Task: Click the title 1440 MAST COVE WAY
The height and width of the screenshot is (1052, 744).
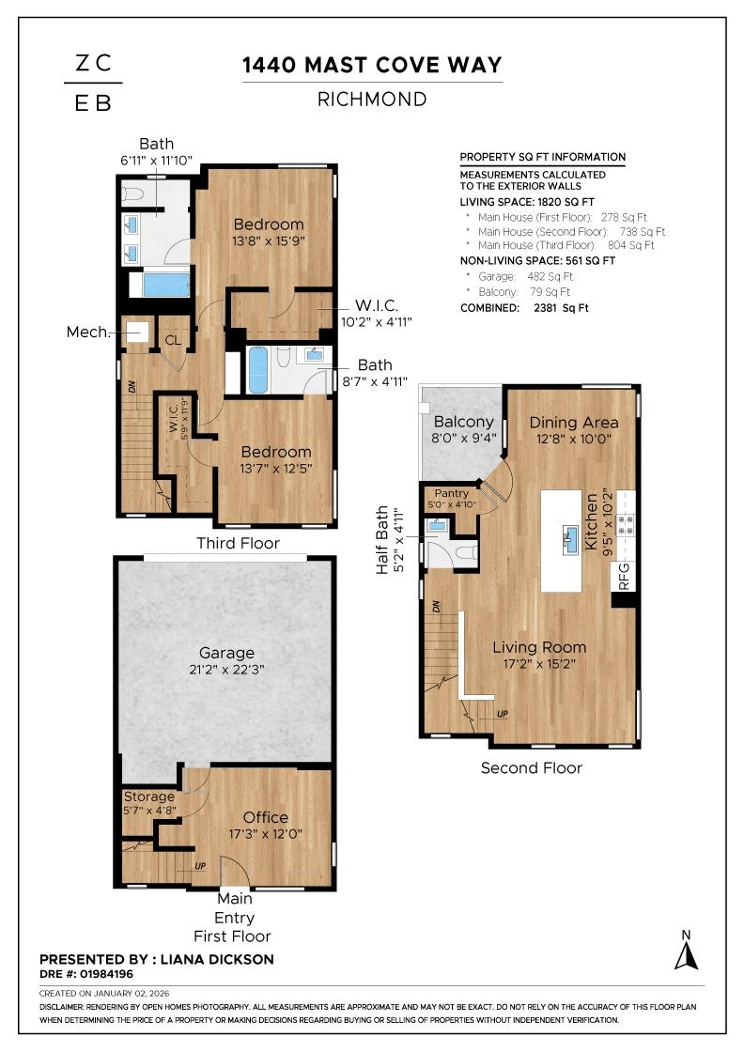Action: [x=372, y=65]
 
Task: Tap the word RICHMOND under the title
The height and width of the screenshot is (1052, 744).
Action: [x=372, y=99]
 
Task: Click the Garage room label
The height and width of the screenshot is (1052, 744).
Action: [x=226, y=653]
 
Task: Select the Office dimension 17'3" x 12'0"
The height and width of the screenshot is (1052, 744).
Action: [x=266, y=833]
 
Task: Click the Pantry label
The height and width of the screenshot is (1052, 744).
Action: [x=452, y=493]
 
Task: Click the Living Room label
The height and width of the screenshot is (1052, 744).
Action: [x=539, y=647]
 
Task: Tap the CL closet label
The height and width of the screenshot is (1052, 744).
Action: [x=173, y=340]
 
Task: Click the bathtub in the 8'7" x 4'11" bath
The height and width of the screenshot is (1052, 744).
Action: [x=258, y=372]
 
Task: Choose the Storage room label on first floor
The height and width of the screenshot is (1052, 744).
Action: [x=148, y=797]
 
